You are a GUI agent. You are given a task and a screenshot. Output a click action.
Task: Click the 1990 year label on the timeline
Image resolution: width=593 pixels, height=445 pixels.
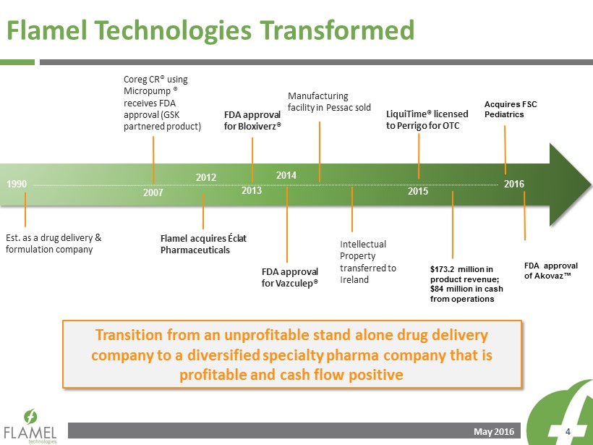(17, 185)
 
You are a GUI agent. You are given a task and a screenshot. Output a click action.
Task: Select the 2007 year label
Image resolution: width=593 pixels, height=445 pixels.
(153, 192)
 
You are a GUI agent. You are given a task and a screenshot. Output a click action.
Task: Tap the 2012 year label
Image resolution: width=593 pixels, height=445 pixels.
(206, 177)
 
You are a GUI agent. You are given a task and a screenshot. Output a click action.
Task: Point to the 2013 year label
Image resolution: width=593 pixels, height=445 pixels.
(252, 190)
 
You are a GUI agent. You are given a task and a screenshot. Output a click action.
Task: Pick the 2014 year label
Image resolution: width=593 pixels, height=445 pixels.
(286, 175)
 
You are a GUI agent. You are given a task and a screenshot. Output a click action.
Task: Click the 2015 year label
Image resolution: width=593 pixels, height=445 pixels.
(418, 191)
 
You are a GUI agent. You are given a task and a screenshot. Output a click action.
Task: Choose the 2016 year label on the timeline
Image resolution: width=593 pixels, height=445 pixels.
(514, 184)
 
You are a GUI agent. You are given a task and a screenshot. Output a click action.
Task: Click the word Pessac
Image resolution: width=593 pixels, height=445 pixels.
(339, 108)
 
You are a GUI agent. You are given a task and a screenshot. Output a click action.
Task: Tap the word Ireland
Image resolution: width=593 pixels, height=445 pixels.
(354, 279)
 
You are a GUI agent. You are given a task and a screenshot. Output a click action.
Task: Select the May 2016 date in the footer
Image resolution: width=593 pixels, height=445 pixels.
(494, 432)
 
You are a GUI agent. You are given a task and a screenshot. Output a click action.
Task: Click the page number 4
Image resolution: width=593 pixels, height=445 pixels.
(568, 432)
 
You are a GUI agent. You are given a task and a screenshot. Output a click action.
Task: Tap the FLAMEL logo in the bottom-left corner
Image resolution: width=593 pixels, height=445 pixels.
(30, 426)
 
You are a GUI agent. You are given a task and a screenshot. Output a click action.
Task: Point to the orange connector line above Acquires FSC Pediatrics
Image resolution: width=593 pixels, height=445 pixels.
(505, 150)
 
